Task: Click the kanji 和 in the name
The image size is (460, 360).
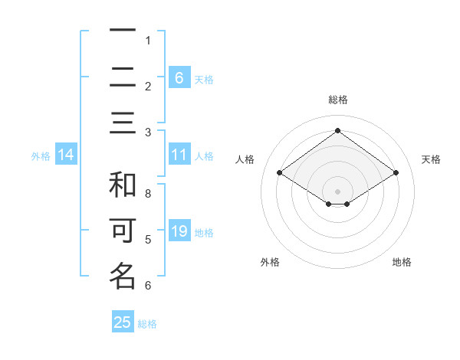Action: click(x=123, y=185)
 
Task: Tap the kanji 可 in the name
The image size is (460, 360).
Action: click(x=123, y=231)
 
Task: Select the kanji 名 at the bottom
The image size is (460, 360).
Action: click(x=123, y=276)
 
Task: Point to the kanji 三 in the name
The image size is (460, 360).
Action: click(x=123, y=123)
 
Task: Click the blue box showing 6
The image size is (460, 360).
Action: click(x=179, y=77)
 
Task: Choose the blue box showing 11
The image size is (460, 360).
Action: click(x=179, y=155)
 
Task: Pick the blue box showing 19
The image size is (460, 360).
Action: click(x=179, y=231)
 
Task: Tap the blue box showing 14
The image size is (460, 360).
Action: click(x=66, y=155)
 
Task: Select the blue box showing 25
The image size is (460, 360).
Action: click(x=123, y=322)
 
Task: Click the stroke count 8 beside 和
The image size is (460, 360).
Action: click(x=148, y=194)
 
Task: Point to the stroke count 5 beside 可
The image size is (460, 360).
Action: click(x=148, y=240)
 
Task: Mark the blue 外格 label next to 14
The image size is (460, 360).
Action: click(x=41, y=156)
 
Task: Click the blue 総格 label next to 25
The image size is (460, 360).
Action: click(x=147, y=323)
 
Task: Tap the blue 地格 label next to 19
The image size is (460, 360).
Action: click(x=204, y=232)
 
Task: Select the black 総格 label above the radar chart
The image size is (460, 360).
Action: click(x=337, y=100)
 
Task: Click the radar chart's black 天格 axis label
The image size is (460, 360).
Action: click(x=431, y=159)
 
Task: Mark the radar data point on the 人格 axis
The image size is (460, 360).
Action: click(x=279, y=173)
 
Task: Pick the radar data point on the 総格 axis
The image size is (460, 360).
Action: click(x=337, y=131)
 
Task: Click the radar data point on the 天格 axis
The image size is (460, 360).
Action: click(x=396, y=173)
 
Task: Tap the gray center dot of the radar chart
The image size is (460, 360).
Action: click(x=337, y=190)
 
